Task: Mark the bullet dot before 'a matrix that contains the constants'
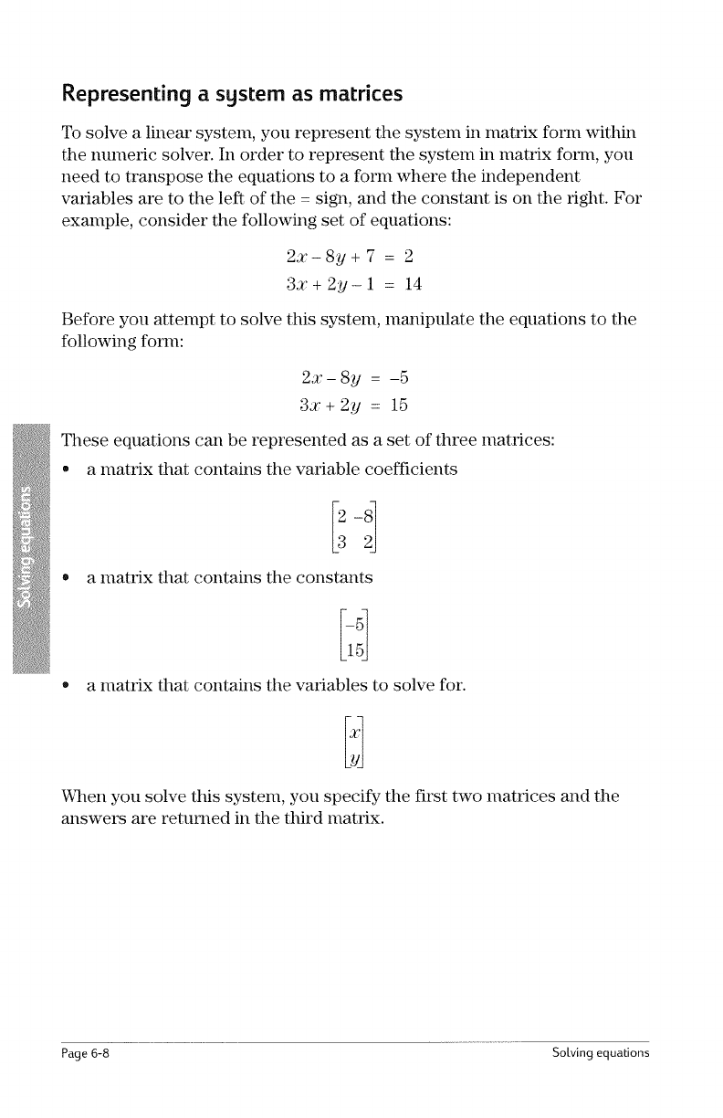[x=67, y=577]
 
